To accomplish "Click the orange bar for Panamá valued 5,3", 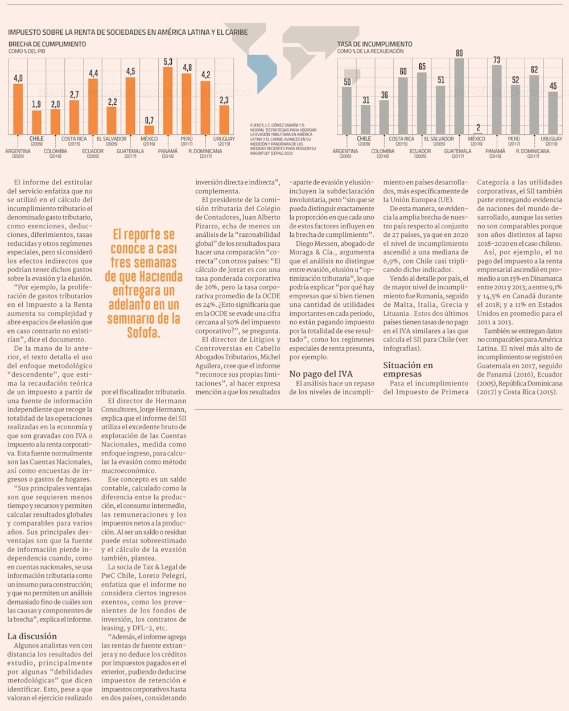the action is tap(168, 101).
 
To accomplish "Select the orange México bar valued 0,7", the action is tap(149, 130).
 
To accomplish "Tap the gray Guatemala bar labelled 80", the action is tap(459, 96).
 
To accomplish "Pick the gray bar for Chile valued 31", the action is tap(365, 120).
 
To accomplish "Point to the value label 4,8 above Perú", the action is tap(187, 67).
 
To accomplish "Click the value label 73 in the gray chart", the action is tap(497, 60).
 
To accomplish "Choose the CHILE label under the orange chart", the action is tap(36, 138).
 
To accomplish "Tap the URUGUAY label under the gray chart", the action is tap(551, 139).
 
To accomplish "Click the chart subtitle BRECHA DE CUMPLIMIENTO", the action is tap(47, 44).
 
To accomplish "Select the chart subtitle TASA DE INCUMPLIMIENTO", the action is tap(374, 44).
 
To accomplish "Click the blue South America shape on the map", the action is tap(262, 73).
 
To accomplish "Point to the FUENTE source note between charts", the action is tap(283, 139).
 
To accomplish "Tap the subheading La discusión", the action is tap(32, 636).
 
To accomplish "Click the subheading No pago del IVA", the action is tap(321, 373).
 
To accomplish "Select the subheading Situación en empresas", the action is tap(408, 369).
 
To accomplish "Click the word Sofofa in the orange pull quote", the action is tap(143, 332).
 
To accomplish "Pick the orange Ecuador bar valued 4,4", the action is tap(93, 106).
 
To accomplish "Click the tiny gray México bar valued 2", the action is tap(478, 133).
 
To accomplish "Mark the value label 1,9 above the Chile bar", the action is tap(36, 104).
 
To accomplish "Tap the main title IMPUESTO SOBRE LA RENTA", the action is tap(127, 32).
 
